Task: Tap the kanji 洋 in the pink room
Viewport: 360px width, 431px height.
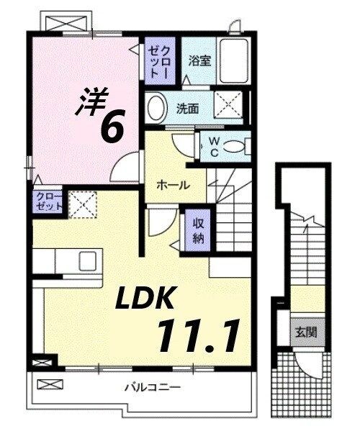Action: (90, 101)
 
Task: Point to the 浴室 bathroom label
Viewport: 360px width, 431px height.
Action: (199, 61)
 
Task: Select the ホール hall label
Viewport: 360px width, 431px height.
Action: (174, 185)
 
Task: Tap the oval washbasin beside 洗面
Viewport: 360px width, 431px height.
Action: (154, 109)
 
